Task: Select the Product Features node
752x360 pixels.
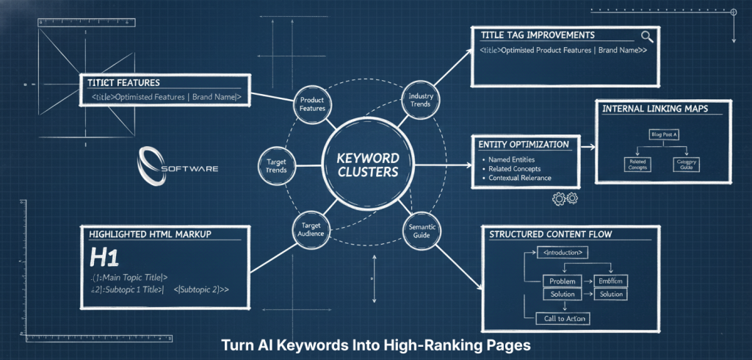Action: click(313, 104)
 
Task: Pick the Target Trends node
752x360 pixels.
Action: click(276, 165)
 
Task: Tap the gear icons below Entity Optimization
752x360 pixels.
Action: click(565, 198)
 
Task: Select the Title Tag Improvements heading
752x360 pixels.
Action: click(538, 35)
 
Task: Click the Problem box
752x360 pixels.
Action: click(562, 281)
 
